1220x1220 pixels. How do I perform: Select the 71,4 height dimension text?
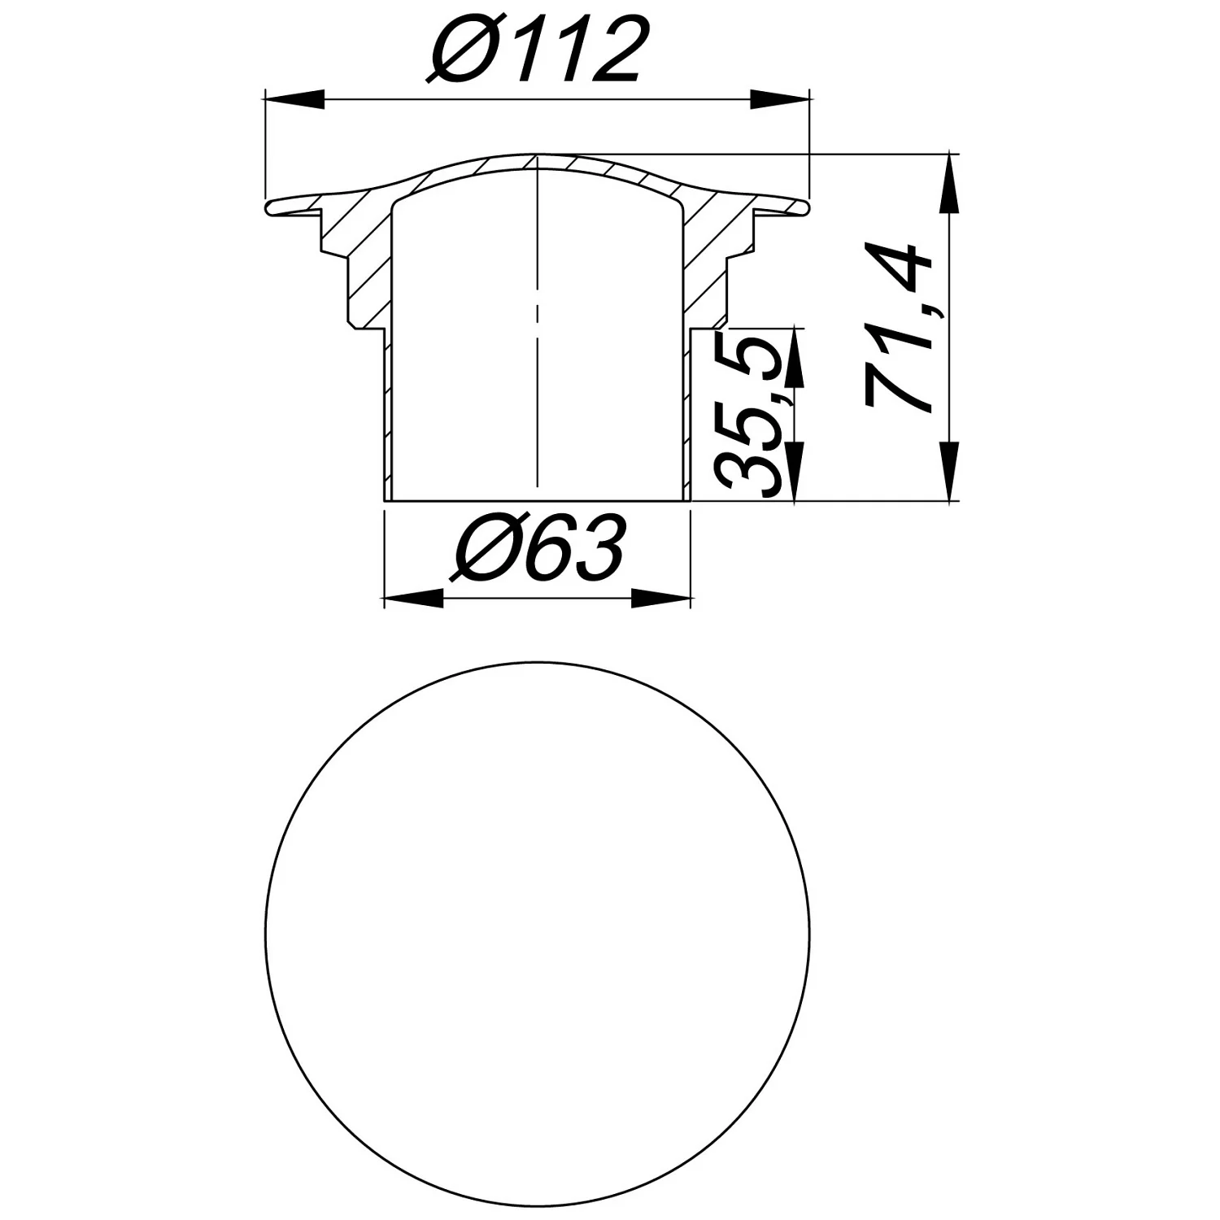coord(898,327)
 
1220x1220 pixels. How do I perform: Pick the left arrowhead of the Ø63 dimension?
coord(413,599)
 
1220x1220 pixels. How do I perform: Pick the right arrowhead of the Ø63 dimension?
coord(660,599)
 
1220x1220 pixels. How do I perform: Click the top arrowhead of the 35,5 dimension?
coord(795,358)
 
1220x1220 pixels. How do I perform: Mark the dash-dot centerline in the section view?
coord(537,325)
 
